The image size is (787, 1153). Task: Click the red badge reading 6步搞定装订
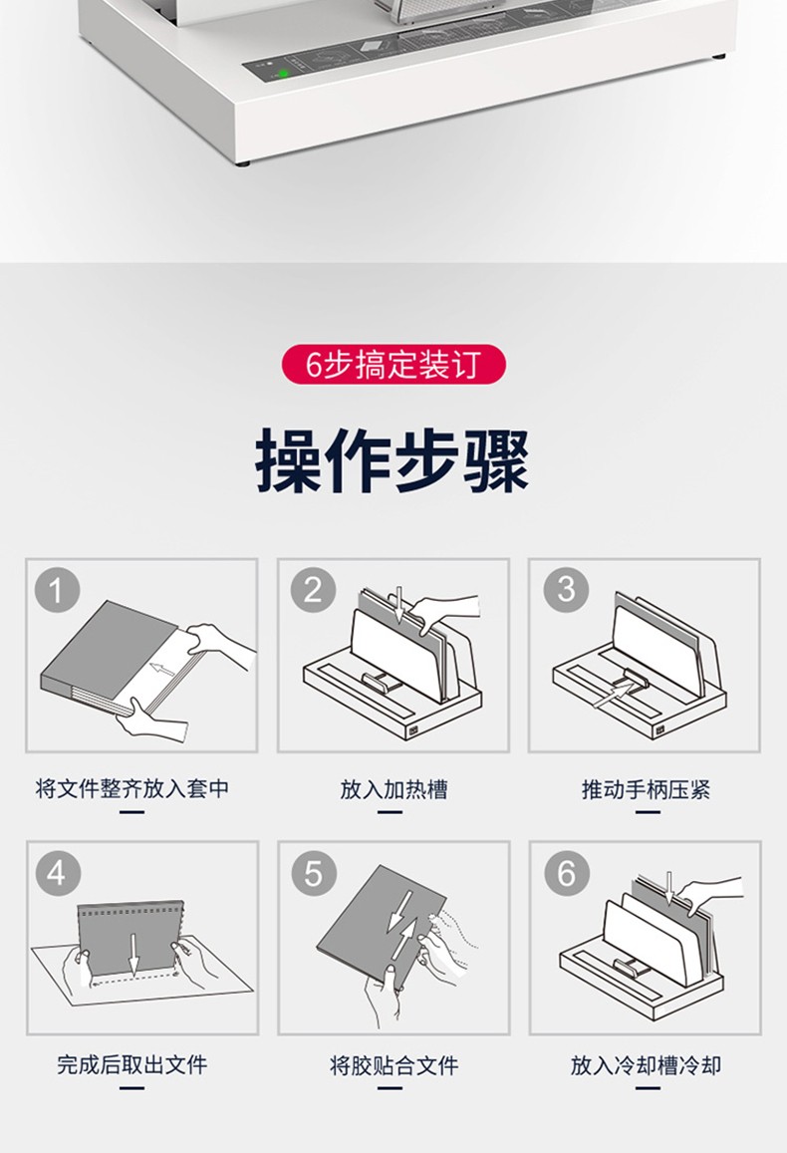pyautogui.click(x=393, y=364)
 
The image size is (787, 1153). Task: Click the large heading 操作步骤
pyautogui.click(x=393, y=461)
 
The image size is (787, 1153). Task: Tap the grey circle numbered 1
pyautogui.click(x=57, y=590)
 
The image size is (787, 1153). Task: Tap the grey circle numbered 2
pyautogui.click(x=313, y=590)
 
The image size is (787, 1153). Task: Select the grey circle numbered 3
pyautogui.click(x=566, y=590)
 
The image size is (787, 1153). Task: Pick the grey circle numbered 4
pyautogui.click(x=57, y=873)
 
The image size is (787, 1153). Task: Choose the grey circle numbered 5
pyautogui.click(x=314, y=873)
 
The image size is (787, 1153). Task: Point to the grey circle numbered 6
pyautogui.click(x=567, y=873)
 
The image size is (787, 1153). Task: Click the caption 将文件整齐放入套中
pyautogui.click(x=132, y=789)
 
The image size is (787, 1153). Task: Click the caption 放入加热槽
pyautogui.click(x=393, y=789)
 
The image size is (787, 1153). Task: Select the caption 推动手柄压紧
pyautogui.click(x=646, y=789)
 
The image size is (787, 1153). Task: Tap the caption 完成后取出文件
pyautogui.click(x=132, y=1064)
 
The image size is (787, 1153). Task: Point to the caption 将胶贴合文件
pyautogui.click(x=393, y=1064)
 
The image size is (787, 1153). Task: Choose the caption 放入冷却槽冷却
pyautogui.click(x=646, y=1064)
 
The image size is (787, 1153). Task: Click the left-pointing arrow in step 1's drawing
pyautogui.click(x=162, y=670)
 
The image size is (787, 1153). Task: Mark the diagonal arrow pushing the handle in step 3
pyautogui.click(x=614, y=693)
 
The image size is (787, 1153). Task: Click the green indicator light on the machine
pyautogui.click(x=282, y=73)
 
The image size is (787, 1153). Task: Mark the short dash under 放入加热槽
pyautogui.click(x=390, y=812)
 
